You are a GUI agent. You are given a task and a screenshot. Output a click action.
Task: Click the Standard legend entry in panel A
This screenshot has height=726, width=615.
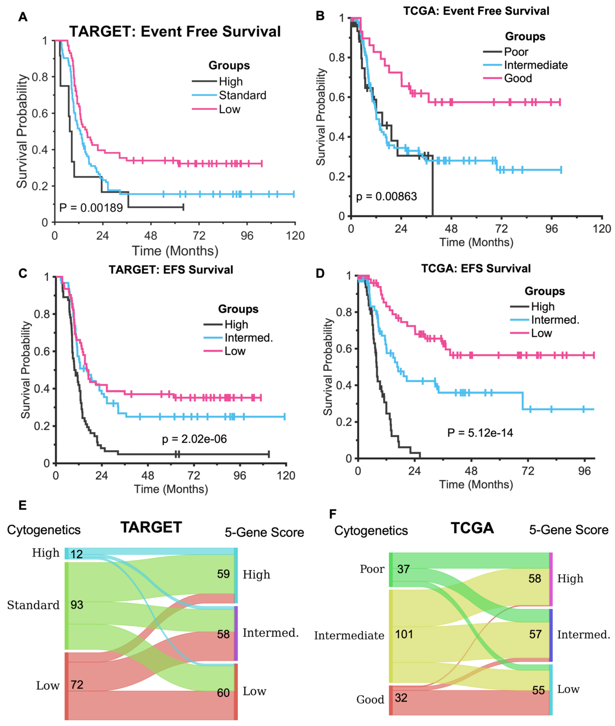[242, 95]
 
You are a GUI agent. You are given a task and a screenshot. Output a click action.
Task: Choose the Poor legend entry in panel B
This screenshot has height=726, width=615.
[516, 52]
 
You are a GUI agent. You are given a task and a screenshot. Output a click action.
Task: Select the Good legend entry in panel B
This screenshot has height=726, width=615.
[518, 78]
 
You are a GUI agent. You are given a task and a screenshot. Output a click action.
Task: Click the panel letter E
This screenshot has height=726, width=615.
[22, 505]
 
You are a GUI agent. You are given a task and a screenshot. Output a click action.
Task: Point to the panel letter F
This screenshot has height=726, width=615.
[333, 514]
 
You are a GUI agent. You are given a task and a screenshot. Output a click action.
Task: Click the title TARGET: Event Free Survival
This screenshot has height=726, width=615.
[175, 32]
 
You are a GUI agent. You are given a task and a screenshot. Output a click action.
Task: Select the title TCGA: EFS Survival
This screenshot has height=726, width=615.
[476, 268]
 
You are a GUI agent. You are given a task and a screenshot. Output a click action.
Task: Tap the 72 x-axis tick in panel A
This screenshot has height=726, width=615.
[199, 236]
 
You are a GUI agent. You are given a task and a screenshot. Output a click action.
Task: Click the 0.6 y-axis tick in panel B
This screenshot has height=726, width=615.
[337, 97]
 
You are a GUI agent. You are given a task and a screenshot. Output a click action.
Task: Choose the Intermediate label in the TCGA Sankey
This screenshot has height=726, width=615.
[349, 635]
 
